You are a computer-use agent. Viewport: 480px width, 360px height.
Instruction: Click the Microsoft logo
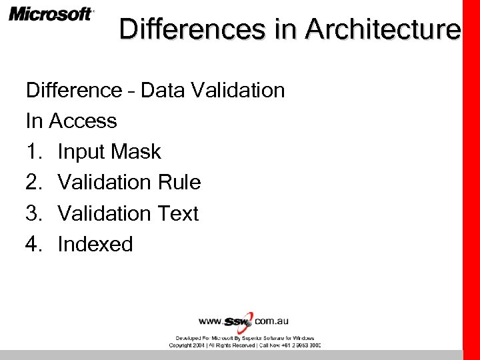coord(51,14)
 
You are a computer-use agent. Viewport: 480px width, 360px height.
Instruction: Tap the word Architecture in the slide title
coord(383,29)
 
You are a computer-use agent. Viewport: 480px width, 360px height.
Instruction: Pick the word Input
coord(81,152)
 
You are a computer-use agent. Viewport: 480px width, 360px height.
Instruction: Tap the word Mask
coord(136,151)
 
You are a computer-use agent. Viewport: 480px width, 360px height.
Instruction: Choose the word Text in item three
coord(177,213)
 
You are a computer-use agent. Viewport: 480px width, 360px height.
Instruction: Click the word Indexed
coord(95,244)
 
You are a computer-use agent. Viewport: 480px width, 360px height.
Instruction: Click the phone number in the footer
coord(301,345)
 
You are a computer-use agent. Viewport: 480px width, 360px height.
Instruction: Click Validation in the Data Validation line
coord(238,90)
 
